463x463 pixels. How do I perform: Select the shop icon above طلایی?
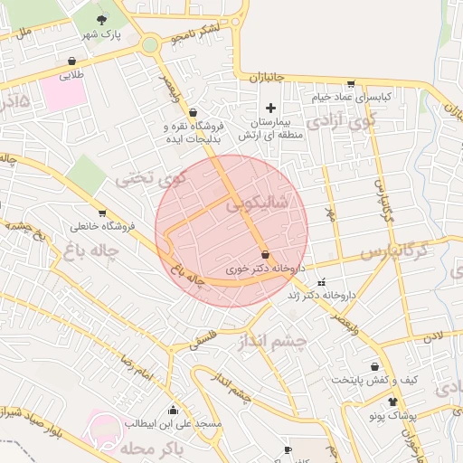click(x=71, y=61)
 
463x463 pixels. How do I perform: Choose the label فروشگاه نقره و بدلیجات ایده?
click(x=192, y=134)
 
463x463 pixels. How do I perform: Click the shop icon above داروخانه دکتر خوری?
click(x=265, y=254)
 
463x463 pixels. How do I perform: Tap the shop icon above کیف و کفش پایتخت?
click(x=373, y=366)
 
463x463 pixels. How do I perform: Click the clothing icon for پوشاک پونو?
click(x=392, y=402)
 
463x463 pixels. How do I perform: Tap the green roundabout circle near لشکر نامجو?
click(x=150, y=44)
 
